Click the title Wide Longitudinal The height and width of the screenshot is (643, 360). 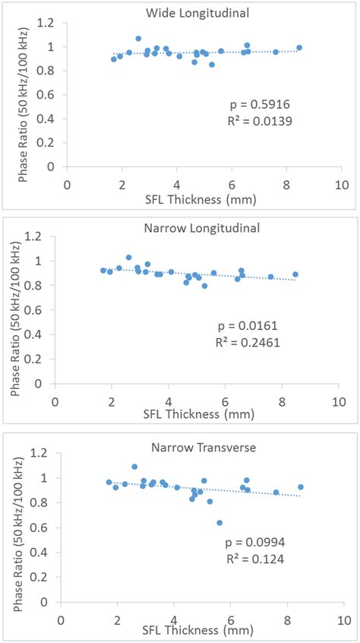click(x=201, y=12)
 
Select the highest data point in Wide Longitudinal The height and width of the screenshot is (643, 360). click(x=138, y=38)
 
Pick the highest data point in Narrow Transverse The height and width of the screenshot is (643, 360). click(x=134, y=467)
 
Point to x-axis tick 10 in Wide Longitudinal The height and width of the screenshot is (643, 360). click(x=341, y=185)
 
